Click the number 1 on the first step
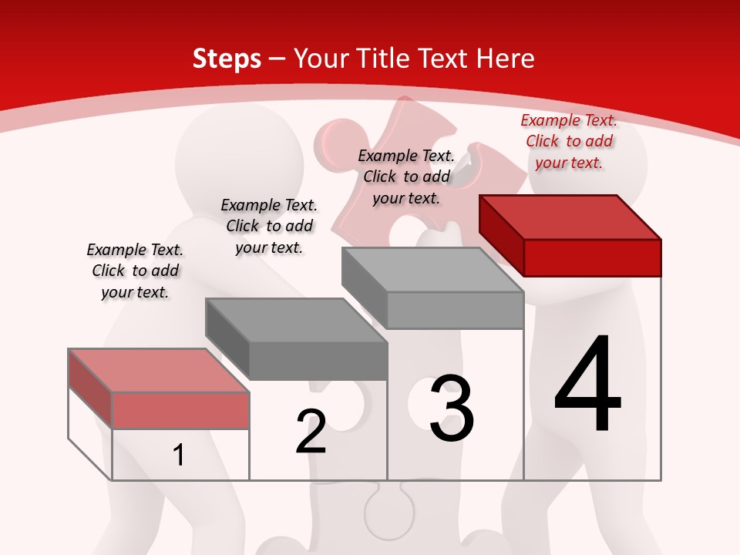179,455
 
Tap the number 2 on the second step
311,432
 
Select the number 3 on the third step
452,408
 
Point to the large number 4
587,385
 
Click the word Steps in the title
227,59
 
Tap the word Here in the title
505,59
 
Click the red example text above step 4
569,141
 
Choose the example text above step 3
406,177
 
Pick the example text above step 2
269,226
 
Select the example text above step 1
135,271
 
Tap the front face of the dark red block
592,257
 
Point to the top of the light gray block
432,270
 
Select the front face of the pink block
180,410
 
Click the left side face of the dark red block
501,236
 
